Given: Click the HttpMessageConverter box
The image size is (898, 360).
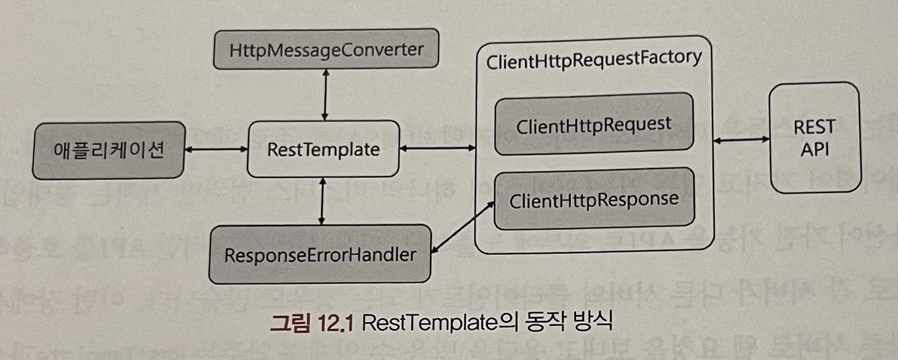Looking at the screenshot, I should pos(326,50).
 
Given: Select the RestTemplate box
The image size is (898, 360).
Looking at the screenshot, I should pos(323,150).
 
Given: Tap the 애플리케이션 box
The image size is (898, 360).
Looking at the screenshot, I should pos(109,150).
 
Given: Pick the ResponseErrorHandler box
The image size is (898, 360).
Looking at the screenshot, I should pos(320,255).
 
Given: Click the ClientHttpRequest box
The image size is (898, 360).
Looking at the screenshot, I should pos(593,125).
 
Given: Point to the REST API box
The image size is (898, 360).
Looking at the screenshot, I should pos(814,138).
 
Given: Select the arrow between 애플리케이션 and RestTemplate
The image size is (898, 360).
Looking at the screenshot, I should pos(216,148).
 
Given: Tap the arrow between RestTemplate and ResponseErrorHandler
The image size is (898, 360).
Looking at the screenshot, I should pos(323,201).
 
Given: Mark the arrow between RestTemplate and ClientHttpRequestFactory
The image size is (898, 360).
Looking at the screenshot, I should pos(437,147).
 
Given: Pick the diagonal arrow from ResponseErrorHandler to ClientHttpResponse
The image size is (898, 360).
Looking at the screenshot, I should pos(463,227).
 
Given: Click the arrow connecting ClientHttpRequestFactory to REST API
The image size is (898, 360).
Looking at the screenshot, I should pos(741,140).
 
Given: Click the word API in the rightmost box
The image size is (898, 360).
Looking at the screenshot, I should pos(814,149).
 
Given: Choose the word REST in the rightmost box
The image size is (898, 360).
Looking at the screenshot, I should pos(814,127).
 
